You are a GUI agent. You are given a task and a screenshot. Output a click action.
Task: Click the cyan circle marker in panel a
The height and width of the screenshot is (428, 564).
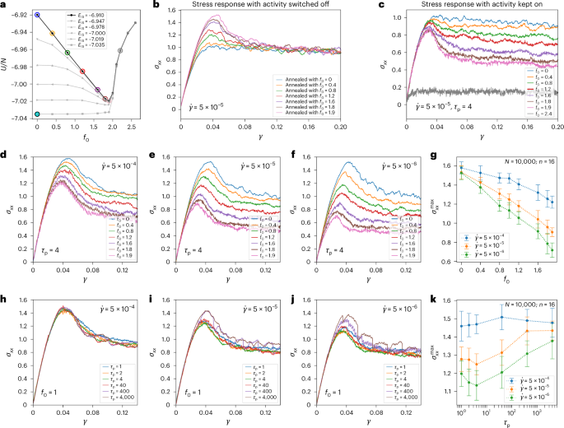tap(37, 114)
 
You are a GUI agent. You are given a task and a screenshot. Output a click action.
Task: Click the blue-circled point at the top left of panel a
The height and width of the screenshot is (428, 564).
tap(37, 15)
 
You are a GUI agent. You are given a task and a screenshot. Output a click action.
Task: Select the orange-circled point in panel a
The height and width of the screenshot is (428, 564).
tap(53, 34)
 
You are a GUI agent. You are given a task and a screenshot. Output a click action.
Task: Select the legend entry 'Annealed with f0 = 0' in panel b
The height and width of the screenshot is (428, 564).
tap(311, 79)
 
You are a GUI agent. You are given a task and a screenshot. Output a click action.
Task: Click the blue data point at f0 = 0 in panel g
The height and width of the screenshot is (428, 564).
tap(463, 168)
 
